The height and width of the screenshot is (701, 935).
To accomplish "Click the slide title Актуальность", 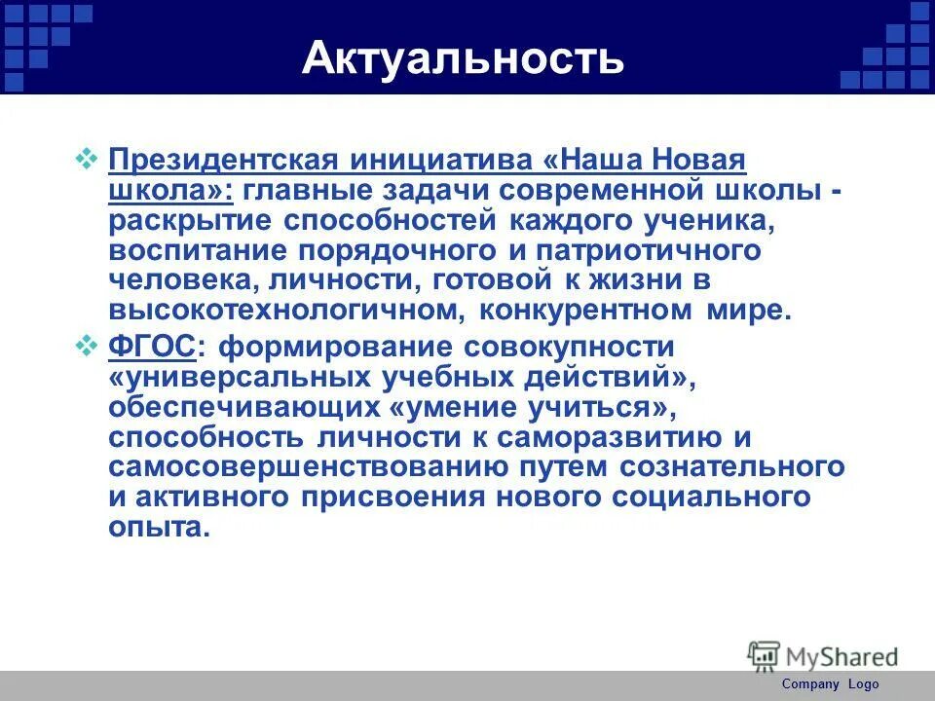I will tap(463, 57).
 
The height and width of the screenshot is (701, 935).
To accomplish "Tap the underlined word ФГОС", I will tap(152, 346).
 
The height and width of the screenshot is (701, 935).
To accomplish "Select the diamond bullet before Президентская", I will tap(86, 157).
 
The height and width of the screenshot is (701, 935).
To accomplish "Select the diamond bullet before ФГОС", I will tap(86, 344).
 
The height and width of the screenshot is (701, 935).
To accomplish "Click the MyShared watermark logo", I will tap(823, 656).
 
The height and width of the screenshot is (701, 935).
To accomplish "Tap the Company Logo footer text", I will tap(830, 684).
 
